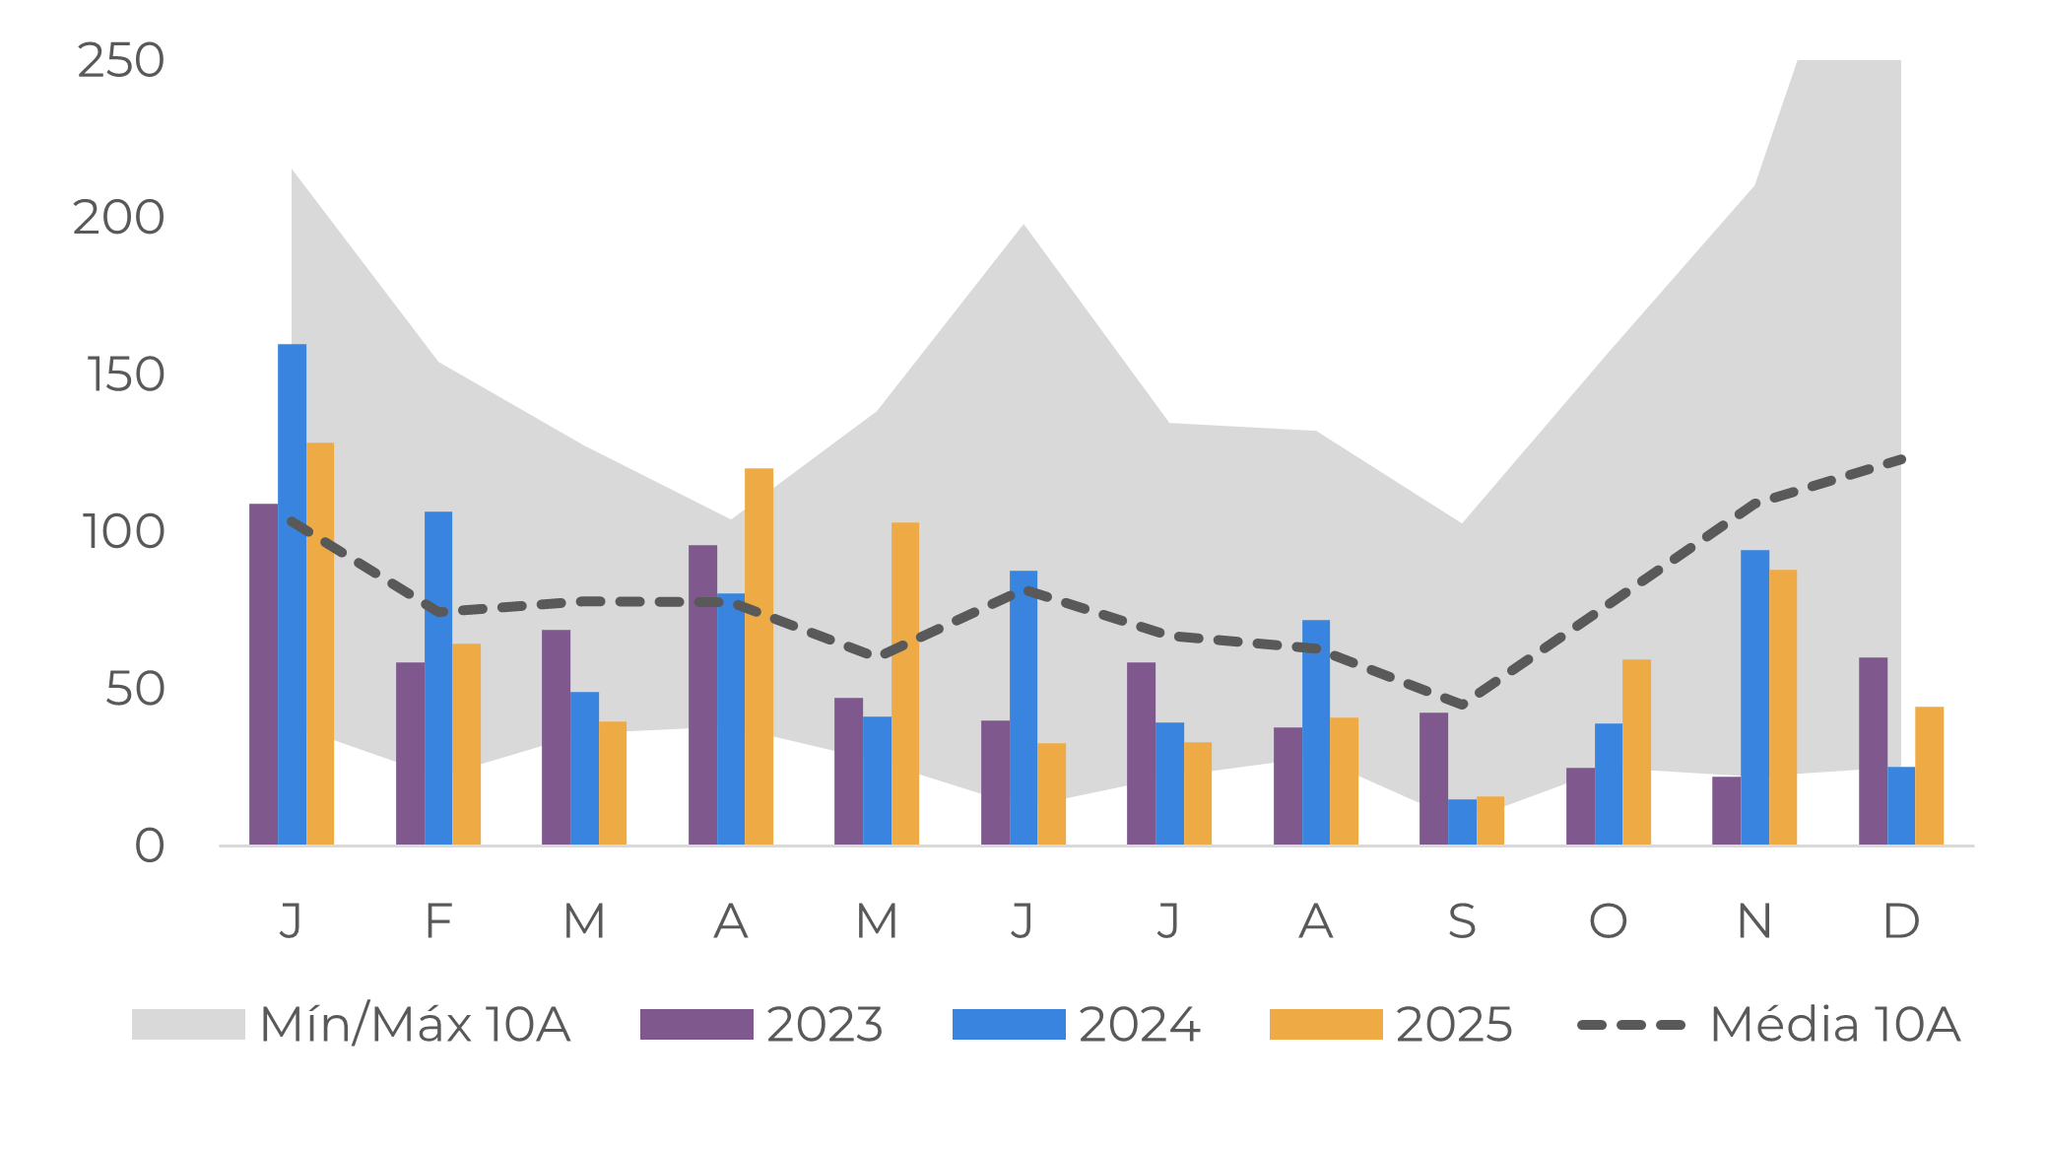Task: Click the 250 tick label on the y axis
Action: click(x=120, y=61)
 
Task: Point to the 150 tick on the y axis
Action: click(x=125, y=375)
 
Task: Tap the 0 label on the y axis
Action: click(x=149, y=847)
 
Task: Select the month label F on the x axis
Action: click(x=437, y=922)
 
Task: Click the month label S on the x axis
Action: click(x=1462, y=922)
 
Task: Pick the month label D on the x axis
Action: click(x=1900, y=922)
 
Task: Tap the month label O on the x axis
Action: click(x=1608, y=922)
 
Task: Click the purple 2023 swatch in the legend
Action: click(x=695, y=1025)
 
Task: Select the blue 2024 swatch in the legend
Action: click(x=1008, y=1025)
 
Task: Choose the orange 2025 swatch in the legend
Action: click(x=1325, y=1025)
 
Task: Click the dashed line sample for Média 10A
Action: click(x=1631, y=1025)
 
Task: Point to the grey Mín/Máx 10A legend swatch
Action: click(x=188, y=1025)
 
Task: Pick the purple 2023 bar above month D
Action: click(x=1873, y=751)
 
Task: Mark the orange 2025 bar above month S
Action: click(x=1490, y=821)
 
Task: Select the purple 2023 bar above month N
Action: click(x=1726, y=811)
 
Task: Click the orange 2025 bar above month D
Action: click(x=1929, y=776)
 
